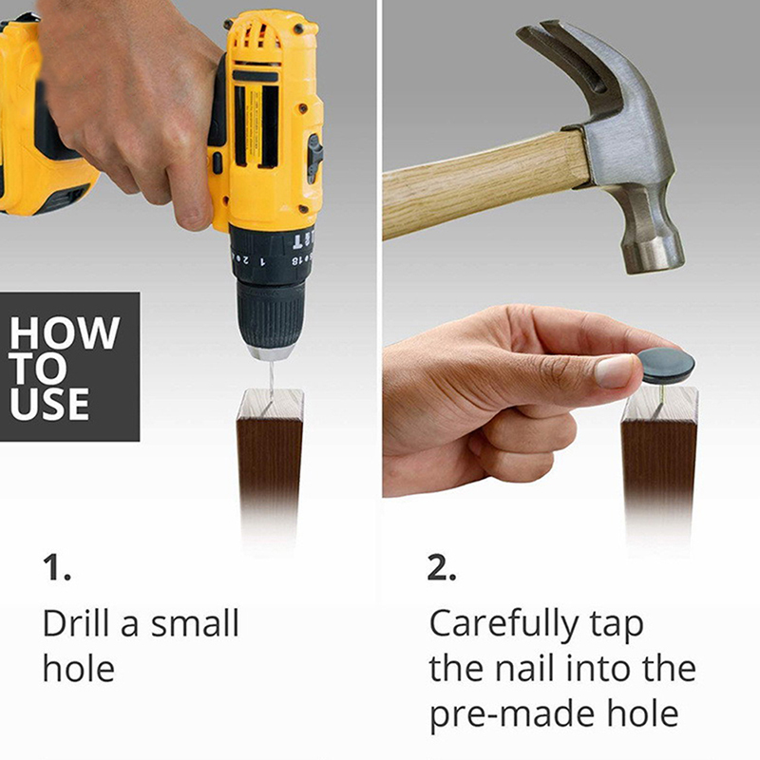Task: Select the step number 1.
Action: (x=57, y=567)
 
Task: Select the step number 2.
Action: (x=442, y=567)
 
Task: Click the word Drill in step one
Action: (x=76, y=623)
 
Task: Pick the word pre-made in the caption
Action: (x=511, y=715)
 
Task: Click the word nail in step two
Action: (x=524, y=668)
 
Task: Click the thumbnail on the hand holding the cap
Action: (x=614, y=370)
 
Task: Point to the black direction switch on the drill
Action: (x=315, y=158)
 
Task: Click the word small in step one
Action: (x=195, y=623)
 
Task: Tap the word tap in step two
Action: (x=617, y=626)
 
